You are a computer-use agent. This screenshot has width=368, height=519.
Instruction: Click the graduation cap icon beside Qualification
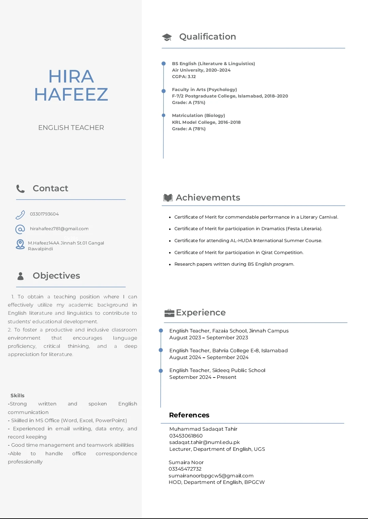pyautogui.click(x=167, y=37)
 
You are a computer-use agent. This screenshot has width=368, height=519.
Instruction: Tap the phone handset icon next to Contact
pyautogui.click(x=20, y=189)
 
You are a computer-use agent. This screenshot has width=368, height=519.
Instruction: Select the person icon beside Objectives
pyautogui.click(x=20, y=276)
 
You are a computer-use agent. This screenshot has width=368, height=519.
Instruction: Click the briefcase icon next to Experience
pyautogui.click(x=169, y=313)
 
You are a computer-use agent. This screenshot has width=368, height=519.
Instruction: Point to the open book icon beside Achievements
pyautogui.click(x=168, y=198)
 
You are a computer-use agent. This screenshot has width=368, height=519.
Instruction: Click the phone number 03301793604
pyautogui.click(x=44, y=214)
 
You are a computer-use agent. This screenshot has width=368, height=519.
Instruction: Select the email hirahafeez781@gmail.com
pyautogui.click(x=59, y=229)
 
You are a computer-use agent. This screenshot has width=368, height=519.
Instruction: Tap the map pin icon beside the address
pyautogui.click(x=20, y=244)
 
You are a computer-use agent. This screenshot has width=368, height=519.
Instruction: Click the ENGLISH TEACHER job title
pyautogui.click(x=71, y=128)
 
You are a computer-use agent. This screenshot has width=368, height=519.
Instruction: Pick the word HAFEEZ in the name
pyautogui.click(x=71, y=94)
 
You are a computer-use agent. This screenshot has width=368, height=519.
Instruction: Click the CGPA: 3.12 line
pyautogui.click(x=184, y=77)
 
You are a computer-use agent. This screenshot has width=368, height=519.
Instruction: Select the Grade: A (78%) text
pyautogui.click(x=189, y=129)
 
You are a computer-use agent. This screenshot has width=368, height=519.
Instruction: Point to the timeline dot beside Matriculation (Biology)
pyautogui.click(x=164, y=116)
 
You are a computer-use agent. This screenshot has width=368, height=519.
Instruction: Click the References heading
pyautogui.click(x=189, y=415)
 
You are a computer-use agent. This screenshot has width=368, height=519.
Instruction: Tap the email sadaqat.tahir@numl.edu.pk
pyautogui.click(x=204, y=442)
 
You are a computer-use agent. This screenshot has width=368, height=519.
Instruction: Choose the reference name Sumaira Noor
pyautogui.click(x=186, y=462)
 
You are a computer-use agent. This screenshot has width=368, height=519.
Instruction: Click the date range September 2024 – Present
pyautogui.click(x=203, y=377)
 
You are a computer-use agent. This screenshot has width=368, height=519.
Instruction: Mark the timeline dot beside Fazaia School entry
pyautogui.click(x=161, y=330)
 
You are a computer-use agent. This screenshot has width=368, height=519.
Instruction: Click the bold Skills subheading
pyautogui.click(x=17, y=396)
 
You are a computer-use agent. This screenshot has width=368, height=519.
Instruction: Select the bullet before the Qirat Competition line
pyautogui.click(x=170, y=253)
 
